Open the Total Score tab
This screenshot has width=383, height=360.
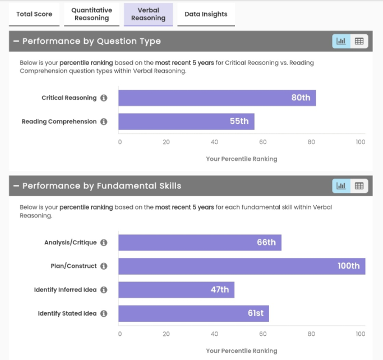(x=34, y=14)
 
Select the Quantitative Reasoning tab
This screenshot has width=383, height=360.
(x=92, y=14)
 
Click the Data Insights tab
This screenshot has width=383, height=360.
(x=206, y=14)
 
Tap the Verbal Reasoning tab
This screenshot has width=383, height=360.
(x=148, y=14)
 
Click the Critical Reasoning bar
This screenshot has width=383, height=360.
(x=217, y=98)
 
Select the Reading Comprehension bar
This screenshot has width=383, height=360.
(x=186, y=122)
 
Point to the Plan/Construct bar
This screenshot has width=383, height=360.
(x=242, y=266)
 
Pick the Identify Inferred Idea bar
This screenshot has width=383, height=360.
(x=176, y=290)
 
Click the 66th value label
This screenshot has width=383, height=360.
(x=266, y=243)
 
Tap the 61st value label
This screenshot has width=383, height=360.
(x=256, y=313)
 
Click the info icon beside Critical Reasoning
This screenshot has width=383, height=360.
(x=104, y=98)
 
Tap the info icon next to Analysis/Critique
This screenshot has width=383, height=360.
(x=104, y=243)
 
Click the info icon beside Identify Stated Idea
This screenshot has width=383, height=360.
(x=104, y=313)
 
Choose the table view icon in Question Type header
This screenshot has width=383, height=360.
(x=359, y=41)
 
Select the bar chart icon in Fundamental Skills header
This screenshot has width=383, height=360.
(x=341, y=186)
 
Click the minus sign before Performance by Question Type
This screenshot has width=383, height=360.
(x=16, y=41)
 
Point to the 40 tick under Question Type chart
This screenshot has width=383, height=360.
(x=215, y=142)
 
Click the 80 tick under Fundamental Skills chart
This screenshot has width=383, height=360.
(x=311, y=334)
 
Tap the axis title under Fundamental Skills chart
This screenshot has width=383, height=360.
(x=242, y=350)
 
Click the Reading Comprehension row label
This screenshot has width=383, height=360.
(x=59, y=122)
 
